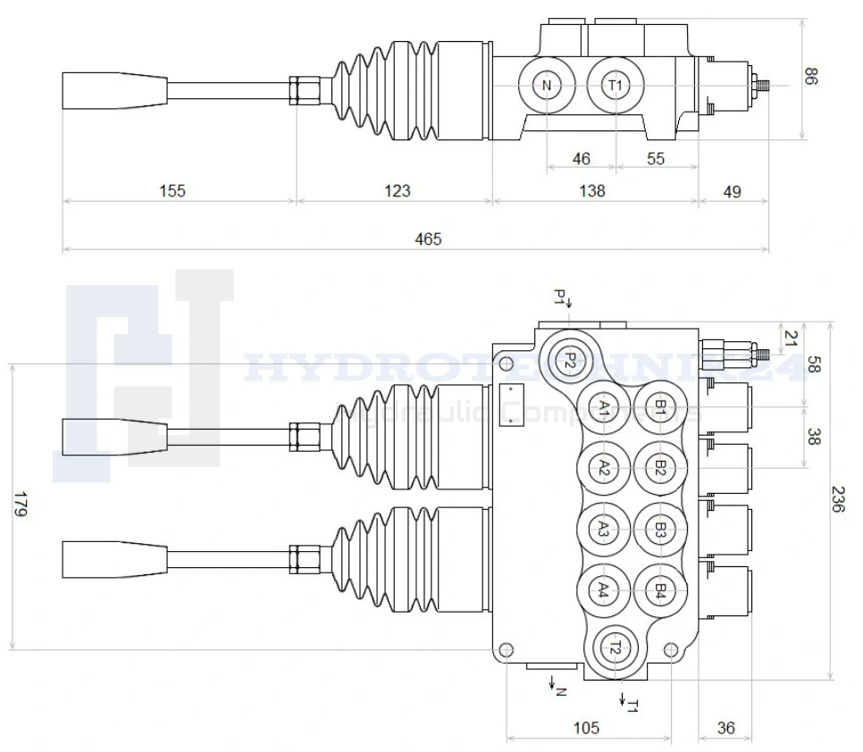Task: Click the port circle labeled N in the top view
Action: [x=547, y=86]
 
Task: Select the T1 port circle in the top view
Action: [x=615, y=86]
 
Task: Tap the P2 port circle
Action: [x=568, y=360]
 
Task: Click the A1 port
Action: [x=604, y=409]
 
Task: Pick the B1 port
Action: [x=659, y=409]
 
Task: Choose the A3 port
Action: [x=604, y=530]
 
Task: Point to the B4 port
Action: [x=659, y=590]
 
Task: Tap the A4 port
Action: [x=604, y=590]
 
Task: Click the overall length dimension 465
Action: [x=428, y=238]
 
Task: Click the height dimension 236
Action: [x=837, y=498]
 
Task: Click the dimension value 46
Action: [x=581, y=159]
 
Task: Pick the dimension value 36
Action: [x=725, y=728]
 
